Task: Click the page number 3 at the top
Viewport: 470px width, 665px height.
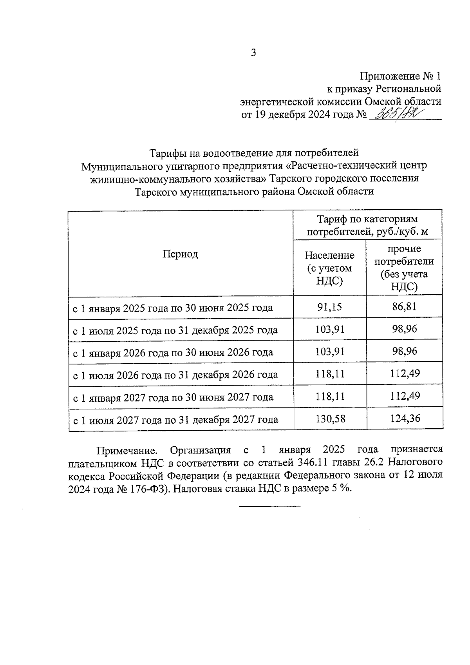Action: (253, 53)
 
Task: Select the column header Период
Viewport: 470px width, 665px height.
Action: (180, 254)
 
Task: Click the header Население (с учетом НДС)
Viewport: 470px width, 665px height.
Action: (329, 268)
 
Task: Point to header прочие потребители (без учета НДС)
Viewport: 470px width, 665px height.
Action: (404, 268)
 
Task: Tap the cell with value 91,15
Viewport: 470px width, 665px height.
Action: (329, 307)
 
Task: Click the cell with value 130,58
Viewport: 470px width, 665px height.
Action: (330, 419)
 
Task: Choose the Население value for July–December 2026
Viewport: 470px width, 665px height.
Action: (330, 374)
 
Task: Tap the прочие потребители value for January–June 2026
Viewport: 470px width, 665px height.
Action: (405, 351)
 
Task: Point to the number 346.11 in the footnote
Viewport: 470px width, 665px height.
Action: (313, 463)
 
